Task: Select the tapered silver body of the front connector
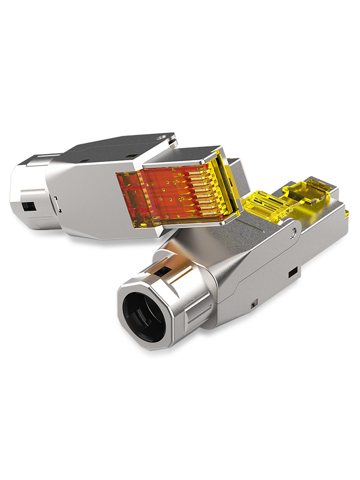click(240, 270)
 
